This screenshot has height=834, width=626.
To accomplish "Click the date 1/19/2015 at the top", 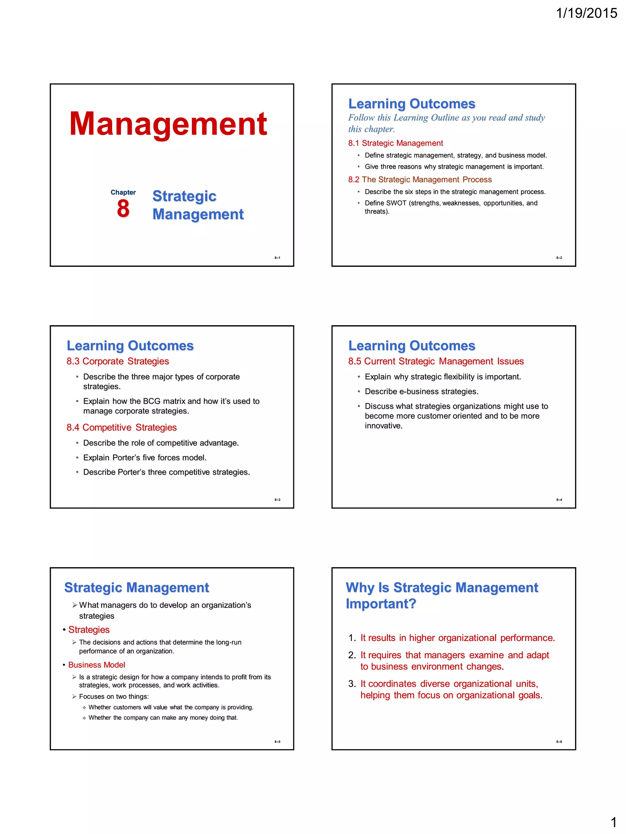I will click(x=586, y=13).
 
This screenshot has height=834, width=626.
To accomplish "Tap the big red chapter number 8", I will click(x=123, y=209).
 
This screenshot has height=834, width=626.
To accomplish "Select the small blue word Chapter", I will click(x=123, y=192).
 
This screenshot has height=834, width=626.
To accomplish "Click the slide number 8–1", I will click(x=277, y=258).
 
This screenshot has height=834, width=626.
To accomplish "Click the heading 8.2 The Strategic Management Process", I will click(x=420, y=180).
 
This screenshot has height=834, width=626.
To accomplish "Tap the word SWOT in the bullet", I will click(x=396, y=203).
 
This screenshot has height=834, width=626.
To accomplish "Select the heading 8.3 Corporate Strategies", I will click(x=118, y=361).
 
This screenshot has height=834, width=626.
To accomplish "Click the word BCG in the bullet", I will click(x=152, y=401).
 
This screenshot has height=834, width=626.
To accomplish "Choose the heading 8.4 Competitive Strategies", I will click(x=122, y=427).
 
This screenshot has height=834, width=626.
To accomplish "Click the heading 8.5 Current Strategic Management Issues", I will click(x=436, y=361).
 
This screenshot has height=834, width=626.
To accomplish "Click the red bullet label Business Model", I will click(x=97, y=665).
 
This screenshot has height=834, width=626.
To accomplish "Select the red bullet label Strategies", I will click(x=89, y=630).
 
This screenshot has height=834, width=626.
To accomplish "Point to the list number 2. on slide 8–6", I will click(x=352, y=655).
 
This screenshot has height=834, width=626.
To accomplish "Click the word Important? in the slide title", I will click(x=381, y=604).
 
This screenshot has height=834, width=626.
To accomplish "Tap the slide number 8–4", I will click(x=559, y=500).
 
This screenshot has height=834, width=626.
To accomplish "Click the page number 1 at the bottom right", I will click(x=613, y=822).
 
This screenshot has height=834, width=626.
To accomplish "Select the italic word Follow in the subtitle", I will click(x=361, y=118).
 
